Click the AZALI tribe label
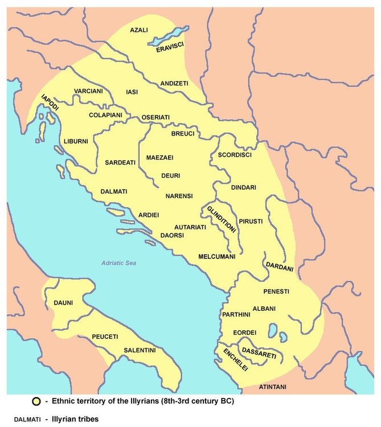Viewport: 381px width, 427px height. tap(140, 30)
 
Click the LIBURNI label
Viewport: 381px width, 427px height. tap(76, 141)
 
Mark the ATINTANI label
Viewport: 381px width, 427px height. tap(272, 387)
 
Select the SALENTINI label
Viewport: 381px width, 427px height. tap(139, 350)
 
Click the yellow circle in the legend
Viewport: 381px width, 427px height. tap(35, 401)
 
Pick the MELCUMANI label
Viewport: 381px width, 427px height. tap(216, 257)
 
